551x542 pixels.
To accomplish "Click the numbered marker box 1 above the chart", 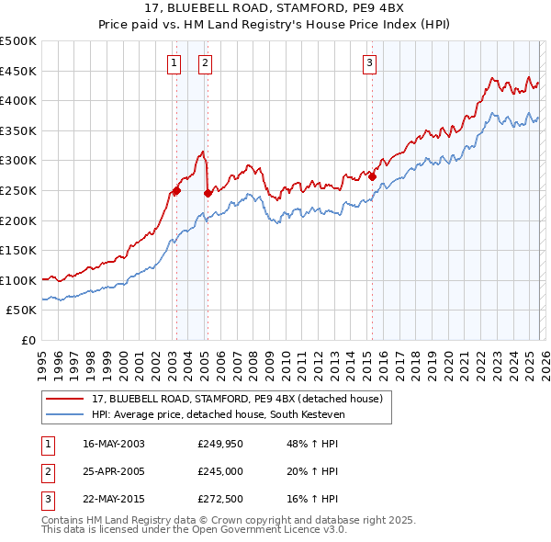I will click(174, 63).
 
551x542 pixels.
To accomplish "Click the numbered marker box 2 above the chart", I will click(204, 63).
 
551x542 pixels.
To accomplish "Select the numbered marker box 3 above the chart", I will click(369, 63).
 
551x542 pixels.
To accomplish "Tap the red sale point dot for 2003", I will click(176, 191).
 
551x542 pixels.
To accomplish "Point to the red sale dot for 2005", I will click(208, 193).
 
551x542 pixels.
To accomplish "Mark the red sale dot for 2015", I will click(372, 177).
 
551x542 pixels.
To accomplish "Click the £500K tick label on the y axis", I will click(18, 41).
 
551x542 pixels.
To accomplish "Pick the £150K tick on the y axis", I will click(18, 250).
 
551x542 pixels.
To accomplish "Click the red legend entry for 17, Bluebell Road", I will click(242, 398).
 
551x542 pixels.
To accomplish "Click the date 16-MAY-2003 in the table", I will click(114, 444).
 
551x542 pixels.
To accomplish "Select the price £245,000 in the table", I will click(219, 471).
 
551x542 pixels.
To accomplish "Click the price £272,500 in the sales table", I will click(219, 500).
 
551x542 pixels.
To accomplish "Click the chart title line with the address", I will click(275, 10).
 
